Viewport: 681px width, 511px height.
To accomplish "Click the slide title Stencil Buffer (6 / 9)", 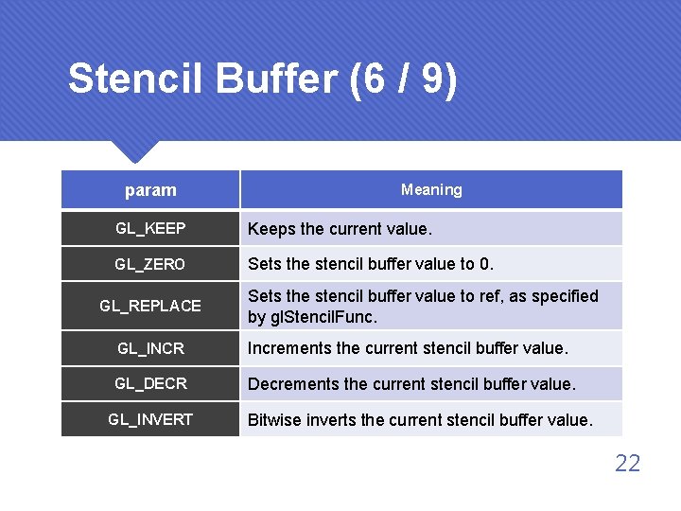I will [262, 79].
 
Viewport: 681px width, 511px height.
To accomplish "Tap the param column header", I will [150, 190].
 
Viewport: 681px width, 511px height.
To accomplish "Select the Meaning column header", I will [431, 189].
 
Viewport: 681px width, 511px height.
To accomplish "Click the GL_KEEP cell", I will [150, 229].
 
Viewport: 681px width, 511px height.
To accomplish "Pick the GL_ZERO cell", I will [150, 264].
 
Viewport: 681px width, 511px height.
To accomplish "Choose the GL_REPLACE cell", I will [150, 306].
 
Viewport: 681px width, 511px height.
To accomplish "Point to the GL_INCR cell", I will [150, 348].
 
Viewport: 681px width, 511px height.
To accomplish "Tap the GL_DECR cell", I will [150, 383].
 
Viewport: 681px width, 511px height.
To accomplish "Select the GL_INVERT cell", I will [150, 419].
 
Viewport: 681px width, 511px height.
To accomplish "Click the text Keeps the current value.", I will [340, 229].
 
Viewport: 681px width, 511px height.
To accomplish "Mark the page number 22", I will [627, 463].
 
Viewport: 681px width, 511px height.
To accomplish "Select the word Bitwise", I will [273, 419].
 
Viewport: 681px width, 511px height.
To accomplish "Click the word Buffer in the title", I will [277, 79].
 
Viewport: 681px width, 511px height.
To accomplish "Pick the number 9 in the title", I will [434, 79].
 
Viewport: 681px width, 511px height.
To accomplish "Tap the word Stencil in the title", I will [136, 79].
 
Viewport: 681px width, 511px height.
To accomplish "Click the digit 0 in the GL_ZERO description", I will [485, 264].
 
